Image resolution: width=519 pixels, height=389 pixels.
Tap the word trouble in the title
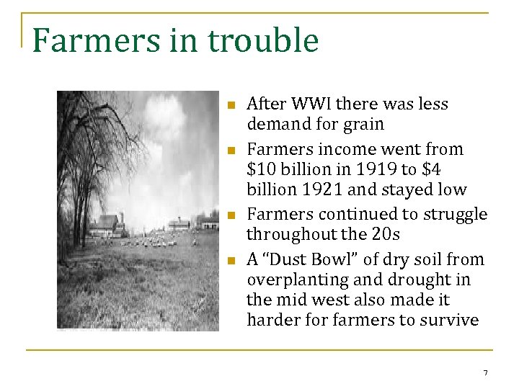(x=262, y=40)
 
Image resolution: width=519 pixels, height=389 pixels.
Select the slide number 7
(x=485, y=372)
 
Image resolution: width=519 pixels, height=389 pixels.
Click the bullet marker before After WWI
(x=231, y=106)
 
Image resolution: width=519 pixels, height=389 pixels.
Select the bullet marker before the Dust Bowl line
(x=231, y=261)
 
